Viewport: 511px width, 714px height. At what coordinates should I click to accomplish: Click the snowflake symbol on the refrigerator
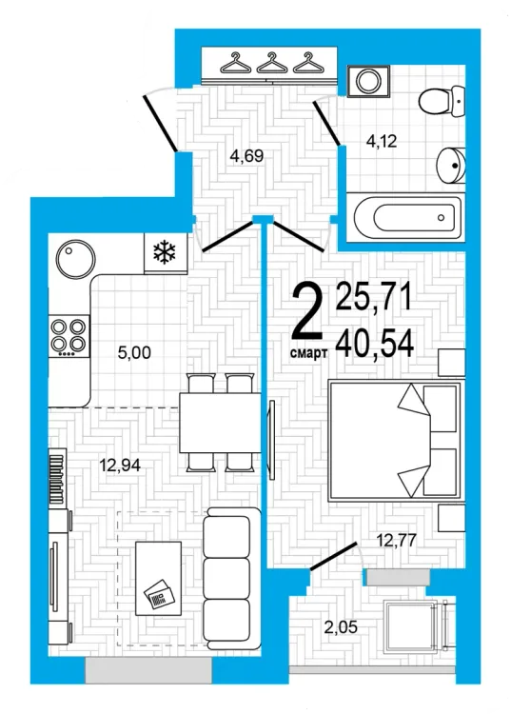pos(165,252)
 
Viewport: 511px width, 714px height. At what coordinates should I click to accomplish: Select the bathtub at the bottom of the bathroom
pos(406,218)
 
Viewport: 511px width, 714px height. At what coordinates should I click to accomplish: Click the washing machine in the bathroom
pos(368,82)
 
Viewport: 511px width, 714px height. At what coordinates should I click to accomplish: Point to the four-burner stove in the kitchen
pos(69,336)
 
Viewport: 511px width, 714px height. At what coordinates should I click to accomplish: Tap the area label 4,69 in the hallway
pos(246,156)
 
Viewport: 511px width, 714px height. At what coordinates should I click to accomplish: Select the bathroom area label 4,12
pos(382,141)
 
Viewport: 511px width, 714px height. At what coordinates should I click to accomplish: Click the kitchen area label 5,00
pos(134,352)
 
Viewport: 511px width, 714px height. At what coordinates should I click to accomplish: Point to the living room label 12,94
pos(120,465)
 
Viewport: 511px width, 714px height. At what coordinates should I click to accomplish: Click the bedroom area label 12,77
pos(396,540)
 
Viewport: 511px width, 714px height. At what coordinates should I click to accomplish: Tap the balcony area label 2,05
pos(341,627)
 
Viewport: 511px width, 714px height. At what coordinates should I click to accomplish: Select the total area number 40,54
pos(375,344)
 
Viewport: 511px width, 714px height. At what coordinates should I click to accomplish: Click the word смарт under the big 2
pos(309,353)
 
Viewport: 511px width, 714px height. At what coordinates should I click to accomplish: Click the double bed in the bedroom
pos(396,441)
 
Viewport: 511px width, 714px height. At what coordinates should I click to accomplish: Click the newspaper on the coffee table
pos(158,594)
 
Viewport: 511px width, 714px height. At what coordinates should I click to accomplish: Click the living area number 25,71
pos(374,296)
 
